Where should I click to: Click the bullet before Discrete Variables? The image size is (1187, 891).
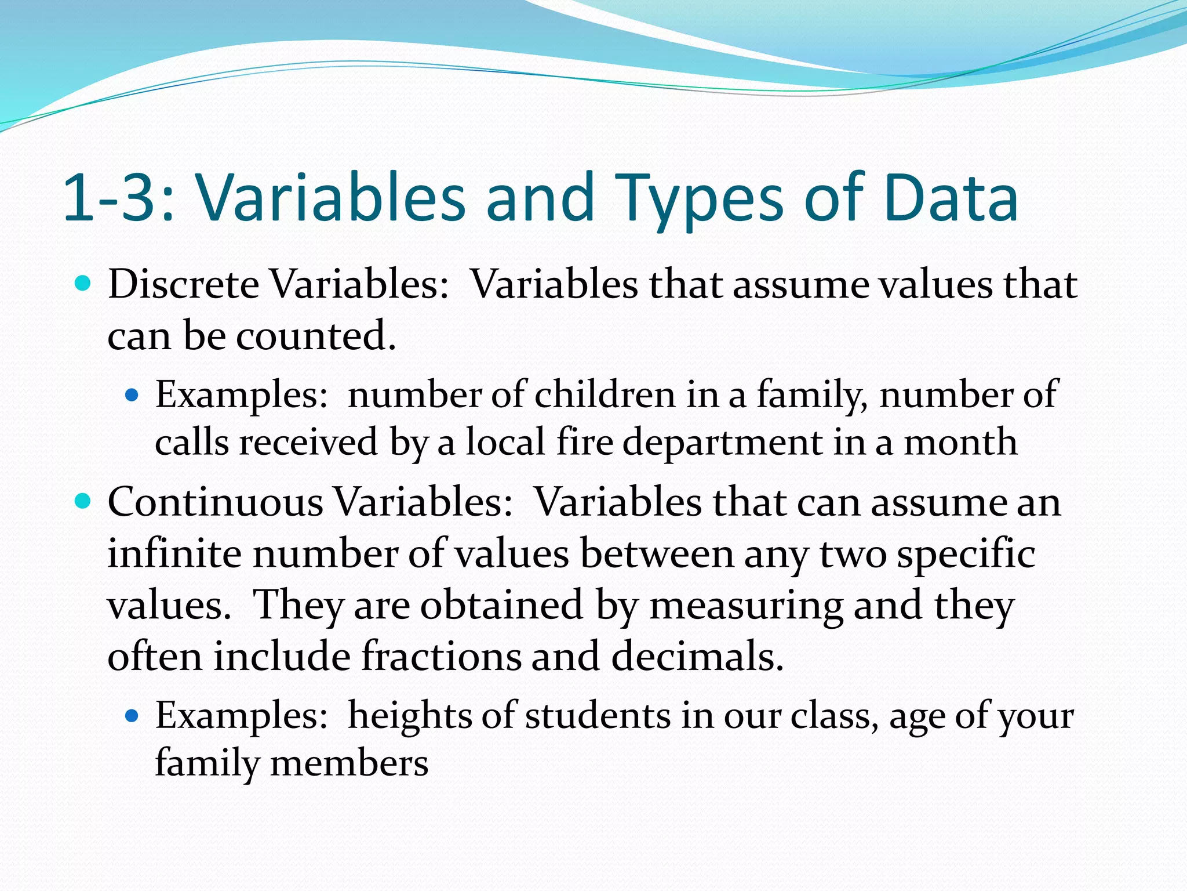[x=84, y=284]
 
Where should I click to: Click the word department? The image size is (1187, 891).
[x=722, y=442]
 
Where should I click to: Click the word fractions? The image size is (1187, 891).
[x=440, y=656]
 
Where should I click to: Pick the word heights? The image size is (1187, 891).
[x=410, y=715]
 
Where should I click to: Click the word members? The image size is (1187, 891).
[x=349, y=762]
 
